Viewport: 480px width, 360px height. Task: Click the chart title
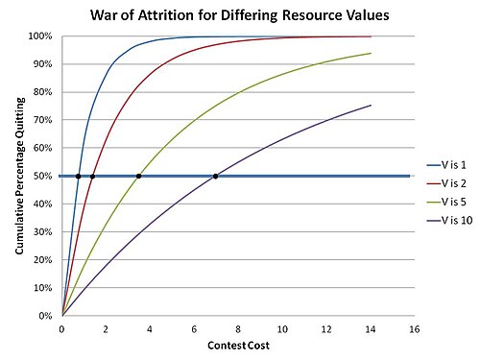[240, 15]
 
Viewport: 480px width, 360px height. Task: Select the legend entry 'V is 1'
[446, 165]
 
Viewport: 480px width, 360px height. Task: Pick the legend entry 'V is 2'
[446, 183]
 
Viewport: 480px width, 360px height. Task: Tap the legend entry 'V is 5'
[446, 202]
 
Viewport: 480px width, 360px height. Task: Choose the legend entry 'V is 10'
[449, 221]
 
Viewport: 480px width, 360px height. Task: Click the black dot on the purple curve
[215, 176]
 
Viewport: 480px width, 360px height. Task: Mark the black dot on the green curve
[138, 176]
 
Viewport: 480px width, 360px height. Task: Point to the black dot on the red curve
[92, 177]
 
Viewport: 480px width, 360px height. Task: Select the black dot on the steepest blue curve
[78, 177]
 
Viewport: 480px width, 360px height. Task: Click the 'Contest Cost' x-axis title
[238, 346]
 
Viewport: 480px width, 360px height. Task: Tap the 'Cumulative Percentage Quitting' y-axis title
[20, 176]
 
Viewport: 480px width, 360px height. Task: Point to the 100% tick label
[40, 36]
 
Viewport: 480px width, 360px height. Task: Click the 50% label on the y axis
[42, 176]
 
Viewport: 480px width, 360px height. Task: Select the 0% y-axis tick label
[45, 316]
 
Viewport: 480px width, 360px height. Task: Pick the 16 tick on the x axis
[414, 329]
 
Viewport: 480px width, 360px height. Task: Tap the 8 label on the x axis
[238, 329]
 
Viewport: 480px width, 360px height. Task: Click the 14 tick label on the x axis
[371, 329]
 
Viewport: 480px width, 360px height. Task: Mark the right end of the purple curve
[371, 105]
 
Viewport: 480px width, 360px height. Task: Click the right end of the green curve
[371, 53]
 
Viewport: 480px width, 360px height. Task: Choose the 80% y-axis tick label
[42, 92]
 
